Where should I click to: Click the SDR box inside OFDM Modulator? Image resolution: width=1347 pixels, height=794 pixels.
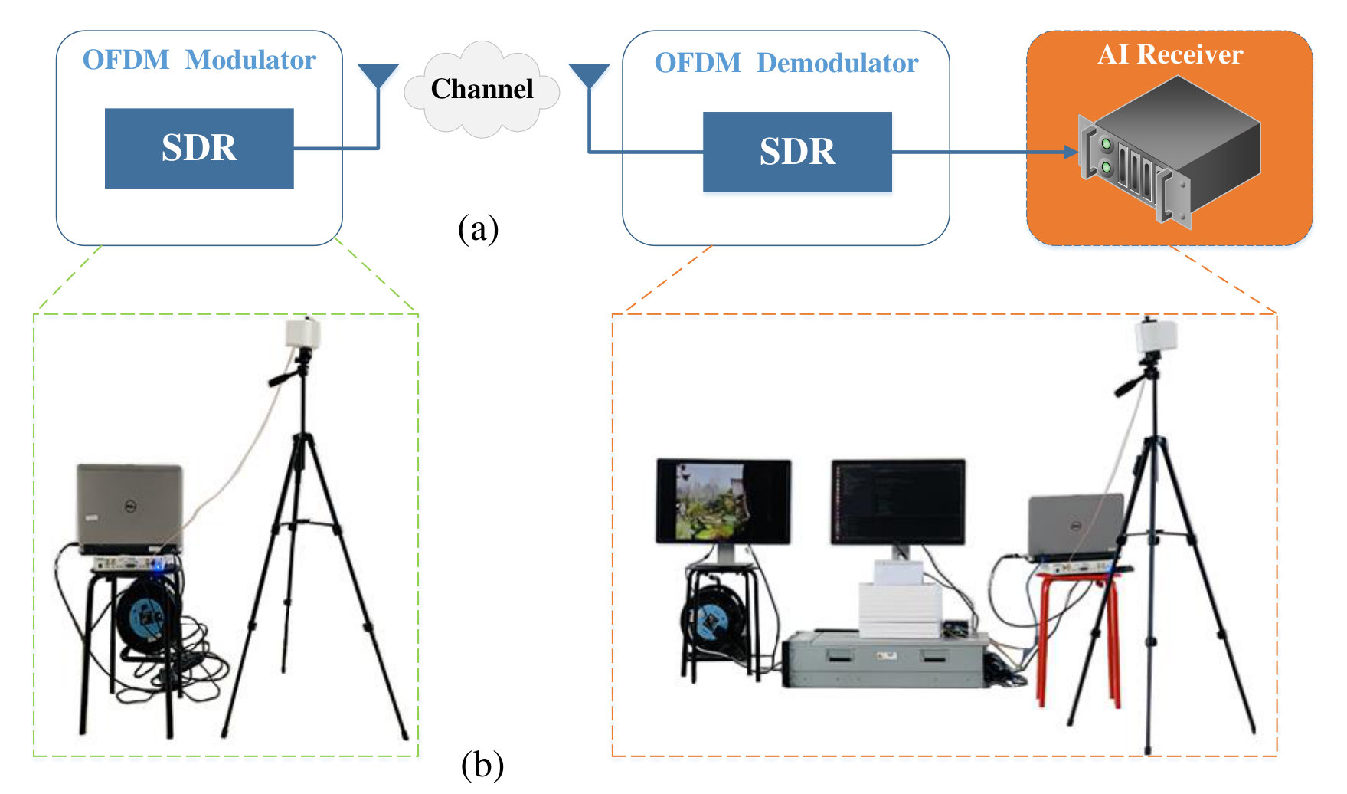tap(199, 148)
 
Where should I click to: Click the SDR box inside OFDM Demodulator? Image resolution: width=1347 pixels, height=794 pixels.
tap(797, 152)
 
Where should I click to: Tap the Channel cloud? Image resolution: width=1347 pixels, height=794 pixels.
tap(482, 89)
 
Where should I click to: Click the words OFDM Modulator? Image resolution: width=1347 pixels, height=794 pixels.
tap(199, 60)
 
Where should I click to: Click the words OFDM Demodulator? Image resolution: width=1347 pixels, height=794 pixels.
tap(786, 63)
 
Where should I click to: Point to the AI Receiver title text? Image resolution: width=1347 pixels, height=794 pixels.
tap(1170, 54)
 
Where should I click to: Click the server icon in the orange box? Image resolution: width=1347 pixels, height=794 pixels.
tap(1170, 152)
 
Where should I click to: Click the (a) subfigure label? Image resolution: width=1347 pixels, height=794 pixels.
tap(479, 228)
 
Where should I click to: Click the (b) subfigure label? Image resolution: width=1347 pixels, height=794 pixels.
tap(482, 764)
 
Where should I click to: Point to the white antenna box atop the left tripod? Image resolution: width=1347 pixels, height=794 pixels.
tap(302, 333)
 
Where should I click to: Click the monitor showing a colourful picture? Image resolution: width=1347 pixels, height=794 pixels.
tap(724, 502)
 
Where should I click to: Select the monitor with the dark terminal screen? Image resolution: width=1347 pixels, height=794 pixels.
tap(898, 502)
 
